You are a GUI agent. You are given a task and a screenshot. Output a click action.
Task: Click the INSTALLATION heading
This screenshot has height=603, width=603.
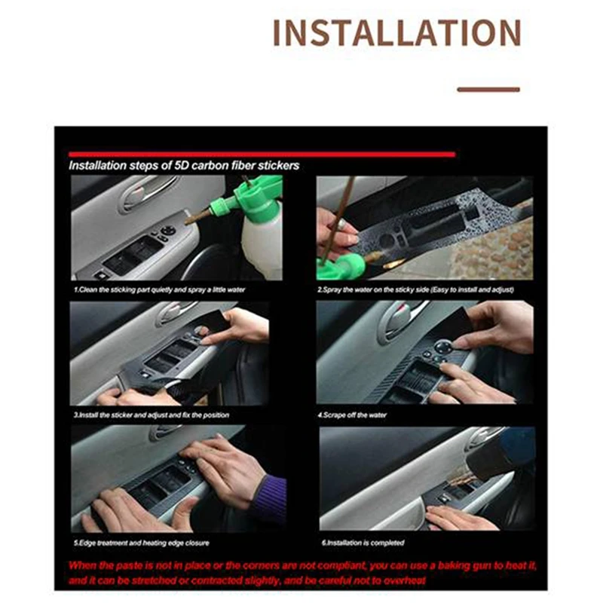coord(397,32)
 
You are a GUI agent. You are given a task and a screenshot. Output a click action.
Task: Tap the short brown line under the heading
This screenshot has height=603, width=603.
coord(488,90)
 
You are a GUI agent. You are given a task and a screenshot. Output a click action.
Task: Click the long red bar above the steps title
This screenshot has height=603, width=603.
coord(262,155)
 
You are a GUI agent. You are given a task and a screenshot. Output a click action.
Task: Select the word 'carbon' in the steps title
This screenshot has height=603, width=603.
coord(210,166)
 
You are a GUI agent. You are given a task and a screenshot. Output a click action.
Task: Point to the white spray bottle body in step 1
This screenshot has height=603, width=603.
coord(262,246)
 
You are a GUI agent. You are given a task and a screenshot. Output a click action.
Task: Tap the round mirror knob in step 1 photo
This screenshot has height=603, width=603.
coord(168,231)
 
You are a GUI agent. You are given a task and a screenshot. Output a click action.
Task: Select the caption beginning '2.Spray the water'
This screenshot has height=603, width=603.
coord(415,289)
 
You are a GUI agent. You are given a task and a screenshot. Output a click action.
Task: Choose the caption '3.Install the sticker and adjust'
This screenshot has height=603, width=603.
coord(152,415)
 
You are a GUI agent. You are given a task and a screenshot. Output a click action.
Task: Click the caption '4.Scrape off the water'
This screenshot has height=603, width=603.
coord(352,415)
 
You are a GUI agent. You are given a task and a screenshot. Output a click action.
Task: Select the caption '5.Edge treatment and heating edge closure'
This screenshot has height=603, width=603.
coord(142,543)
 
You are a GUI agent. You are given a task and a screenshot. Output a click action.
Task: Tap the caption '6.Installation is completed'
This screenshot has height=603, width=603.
coord(363,543)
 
